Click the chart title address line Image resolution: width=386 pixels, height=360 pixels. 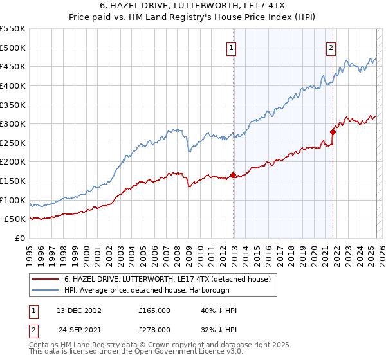coord(193,6)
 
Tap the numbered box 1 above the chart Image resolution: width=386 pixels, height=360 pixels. coord(231,47)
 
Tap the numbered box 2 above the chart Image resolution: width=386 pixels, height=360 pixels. coord(331,47)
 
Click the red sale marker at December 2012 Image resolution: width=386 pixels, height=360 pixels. coord(233,175)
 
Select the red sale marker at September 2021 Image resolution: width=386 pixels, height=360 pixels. coord(333,132)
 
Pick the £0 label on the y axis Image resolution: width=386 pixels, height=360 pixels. coord(19,238)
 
